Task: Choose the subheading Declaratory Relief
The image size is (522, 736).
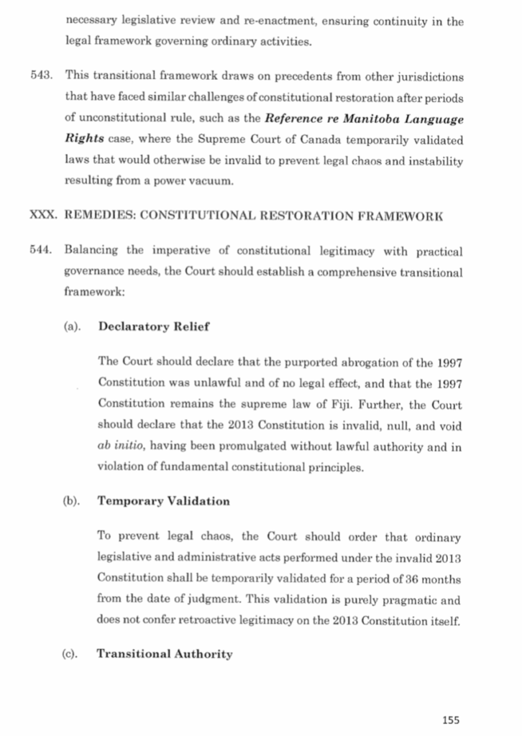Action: [x=153, y=326]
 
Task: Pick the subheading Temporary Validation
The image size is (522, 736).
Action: [x=163, y=501]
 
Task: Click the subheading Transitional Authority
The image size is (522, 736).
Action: [x=165, y=654]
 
